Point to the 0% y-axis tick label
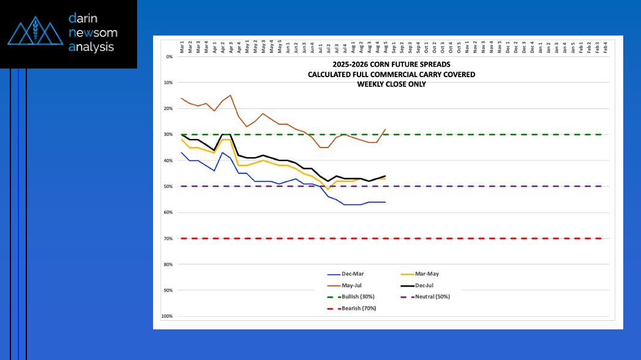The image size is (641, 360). (169, 56)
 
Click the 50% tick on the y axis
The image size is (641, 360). (168, 187)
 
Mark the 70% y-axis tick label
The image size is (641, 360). (168, 239)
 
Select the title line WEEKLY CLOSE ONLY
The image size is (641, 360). (391, 84)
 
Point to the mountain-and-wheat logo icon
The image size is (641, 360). (34, 32)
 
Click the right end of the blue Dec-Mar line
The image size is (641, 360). (385, 202)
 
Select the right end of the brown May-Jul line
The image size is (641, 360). (385, 129)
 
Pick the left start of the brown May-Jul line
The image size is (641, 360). (182, 98)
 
